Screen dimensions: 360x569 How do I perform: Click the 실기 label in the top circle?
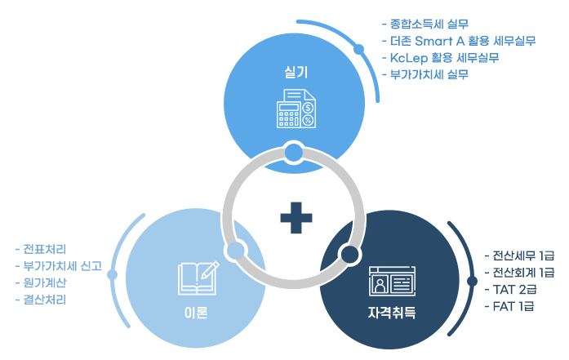pyautogui.click(x=295, y=72)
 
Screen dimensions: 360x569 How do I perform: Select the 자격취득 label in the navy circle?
pyautogui.click(x=392, y=311)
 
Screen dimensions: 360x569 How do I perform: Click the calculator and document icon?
pyautogui.click(x=296, y=109)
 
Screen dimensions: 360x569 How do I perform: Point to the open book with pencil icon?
pyautogui.click(x=198, y=278)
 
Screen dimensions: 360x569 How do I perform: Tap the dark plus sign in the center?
pyautogui.click(x=296, y=218)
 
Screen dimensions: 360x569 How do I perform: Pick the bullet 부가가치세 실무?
pyautogui.click(x=429, y=75)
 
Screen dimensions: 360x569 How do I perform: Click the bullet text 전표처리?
pyautogui.click(x=45, y=248)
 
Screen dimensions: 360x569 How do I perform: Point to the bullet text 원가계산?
pyautogui.click(x=45, y=282)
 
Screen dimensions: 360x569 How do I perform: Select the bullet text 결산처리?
pyautogui.click(x=45, y=300)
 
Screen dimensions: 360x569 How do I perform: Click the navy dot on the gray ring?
pyautogui.click(x=350, y=255)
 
